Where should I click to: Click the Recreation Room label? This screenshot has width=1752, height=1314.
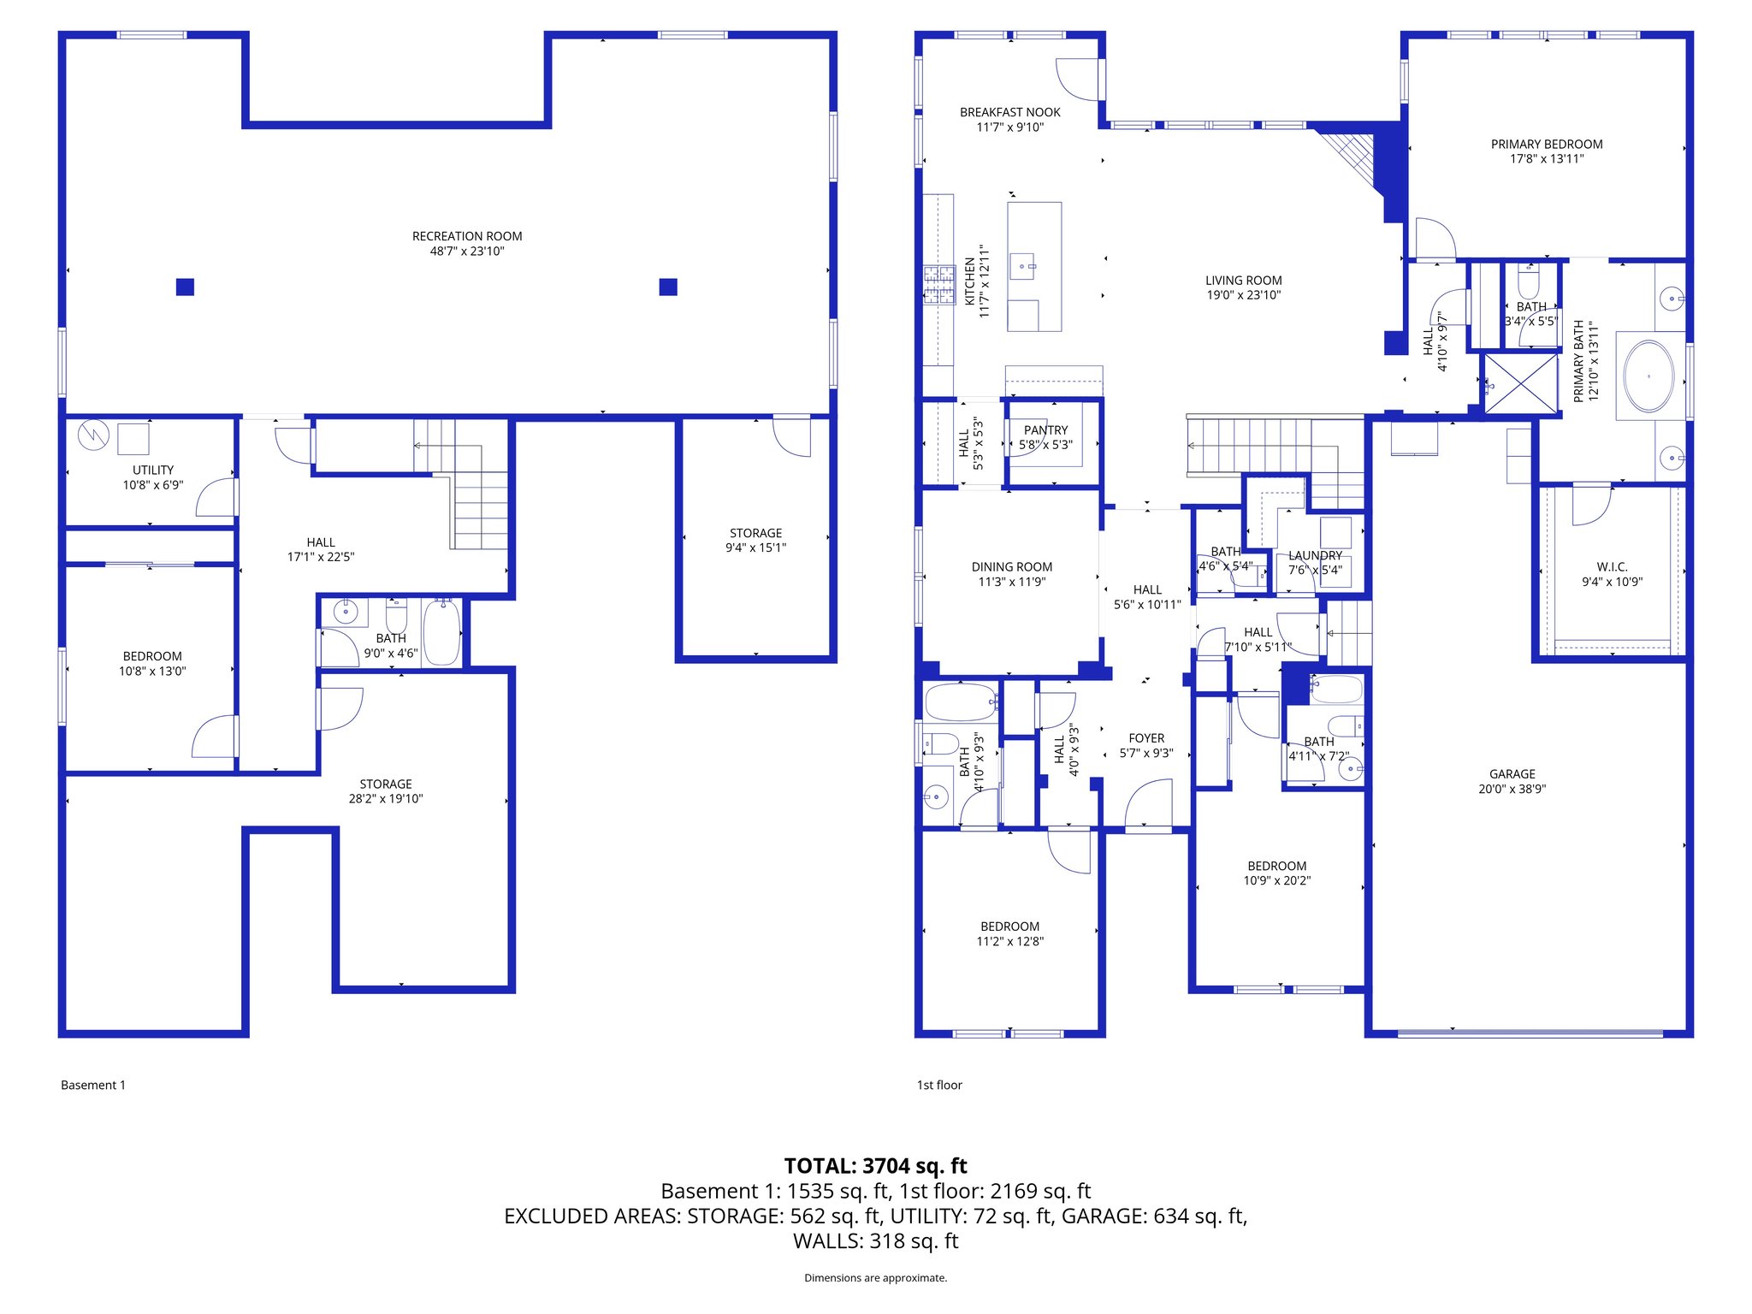click(x=466, y=236)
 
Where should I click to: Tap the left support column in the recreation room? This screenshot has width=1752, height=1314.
click(x=185, y=287)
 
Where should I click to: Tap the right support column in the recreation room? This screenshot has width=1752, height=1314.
click(x=668, y=287)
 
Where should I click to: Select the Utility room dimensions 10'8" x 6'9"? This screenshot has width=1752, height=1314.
click(x=152, y=485)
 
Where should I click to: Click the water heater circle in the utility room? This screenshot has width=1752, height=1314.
click(x=93, y=435)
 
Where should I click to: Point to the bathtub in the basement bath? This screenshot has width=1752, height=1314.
click(x=441, y=633)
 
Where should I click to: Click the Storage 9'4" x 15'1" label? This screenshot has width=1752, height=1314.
click(x=755, y=540)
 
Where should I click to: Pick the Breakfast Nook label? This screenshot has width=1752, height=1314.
click(x=1009, y=112)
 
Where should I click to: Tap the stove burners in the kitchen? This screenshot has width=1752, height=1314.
click(x=938, y=285)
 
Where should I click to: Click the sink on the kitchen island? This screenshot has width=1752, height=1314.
click(x=1023, y=267)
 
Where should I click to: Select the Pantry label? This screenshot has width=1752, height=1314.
click(x=1045, y=430)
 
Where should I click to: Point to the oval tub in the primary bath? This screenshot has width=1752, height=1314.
click(x=1648, y=376)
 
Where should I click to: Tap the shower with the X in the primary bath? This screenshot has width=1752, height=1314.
click(x=1521, y=383)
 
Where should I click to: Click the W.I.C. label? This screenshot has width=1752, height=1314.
click(x=1612, y=567)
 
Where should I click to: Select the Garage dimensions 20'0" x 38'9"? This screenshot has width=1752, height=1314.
click(x=1512, y=789)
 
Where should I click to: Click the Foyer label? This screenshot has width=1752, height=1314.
click(x=1146, y=738)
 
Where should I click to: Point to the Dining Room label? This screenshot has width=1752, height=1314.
click(x=1011, y=567)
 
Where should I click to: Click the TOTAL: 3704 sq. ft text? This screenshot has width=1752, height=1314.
click(x=875, y=1166)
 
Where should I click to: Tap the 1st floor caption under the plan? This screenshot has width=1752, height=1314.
click(x=939, y=1085)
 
